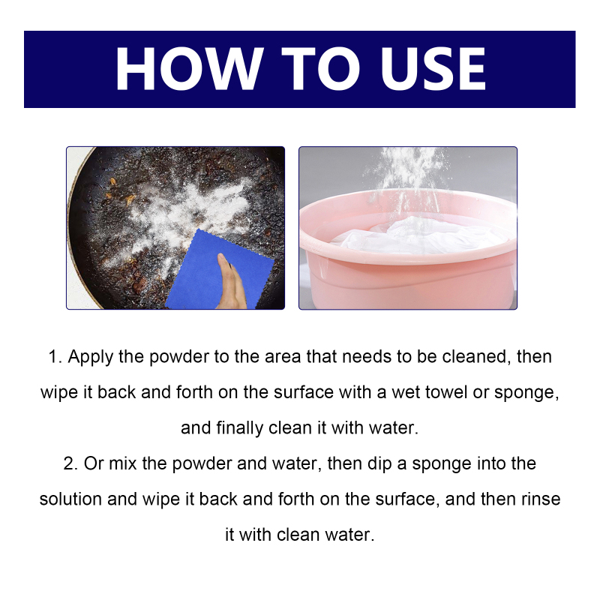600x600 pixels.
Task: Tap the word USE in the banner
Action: [x=433, y=68]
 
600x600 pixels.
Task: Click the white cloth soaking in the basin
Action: [x=417, y=235]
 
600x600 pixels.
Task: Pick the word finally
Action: [x=239, y=428]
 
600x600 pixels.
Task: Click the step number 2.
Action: [x=70, y=463]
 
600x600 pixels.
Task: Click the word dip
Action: [x=379, y=464]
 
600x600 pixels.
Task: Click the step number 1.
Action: [x=55, y=357]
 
